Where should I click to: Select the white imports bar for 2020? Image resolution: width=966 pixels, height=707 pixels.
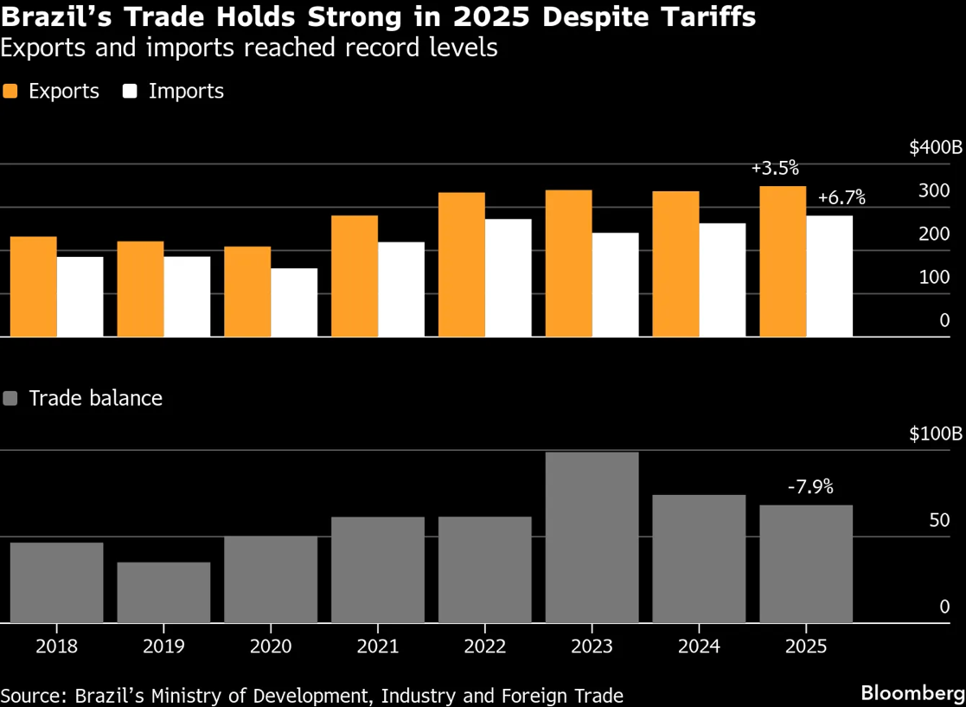tap(293, 302)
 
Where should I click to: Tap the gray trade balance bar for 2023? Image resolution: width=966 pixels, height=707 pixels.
tap(592, 537)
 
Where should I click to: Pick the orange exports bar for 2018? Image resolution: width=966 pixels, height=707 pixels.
tap(33, 286)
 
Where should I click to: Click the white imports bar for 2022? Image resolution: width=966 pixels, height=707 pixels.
tap(508, 278)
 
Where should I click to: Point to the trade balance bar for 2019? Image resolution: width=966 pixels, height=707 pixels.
tap(163, 593)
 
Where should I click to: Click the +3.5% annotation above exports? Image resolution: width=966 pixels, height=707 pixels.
tap(775, 168)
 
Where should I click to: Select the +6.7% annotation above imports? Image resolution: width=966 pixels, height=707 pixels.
tap(841, 198)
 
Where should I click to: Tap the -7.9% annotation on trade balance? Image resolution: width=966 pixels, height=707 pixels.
tap(810, 487)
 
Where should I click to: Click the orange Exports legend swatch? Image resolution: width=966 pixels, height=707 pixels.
tap(10, 91)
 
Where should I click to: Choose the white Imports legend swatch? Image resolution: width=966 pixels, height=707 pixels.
tap(131, 91)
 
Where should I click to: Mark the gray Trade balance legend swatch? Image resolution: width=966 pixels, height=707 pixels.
tap(10, 398)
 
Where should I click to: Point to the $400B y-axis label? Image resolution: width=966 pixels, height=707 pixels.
tap(935, 148)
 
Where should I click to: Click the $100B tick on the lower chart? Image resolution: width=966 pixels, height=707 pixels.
tap(935, 434)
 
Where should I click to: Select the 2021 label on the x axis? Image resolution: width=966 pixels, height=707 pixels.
tap(378, 646)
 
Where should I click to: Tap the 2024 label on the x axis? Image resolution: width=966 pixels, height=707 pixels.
tap(699, 646)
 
